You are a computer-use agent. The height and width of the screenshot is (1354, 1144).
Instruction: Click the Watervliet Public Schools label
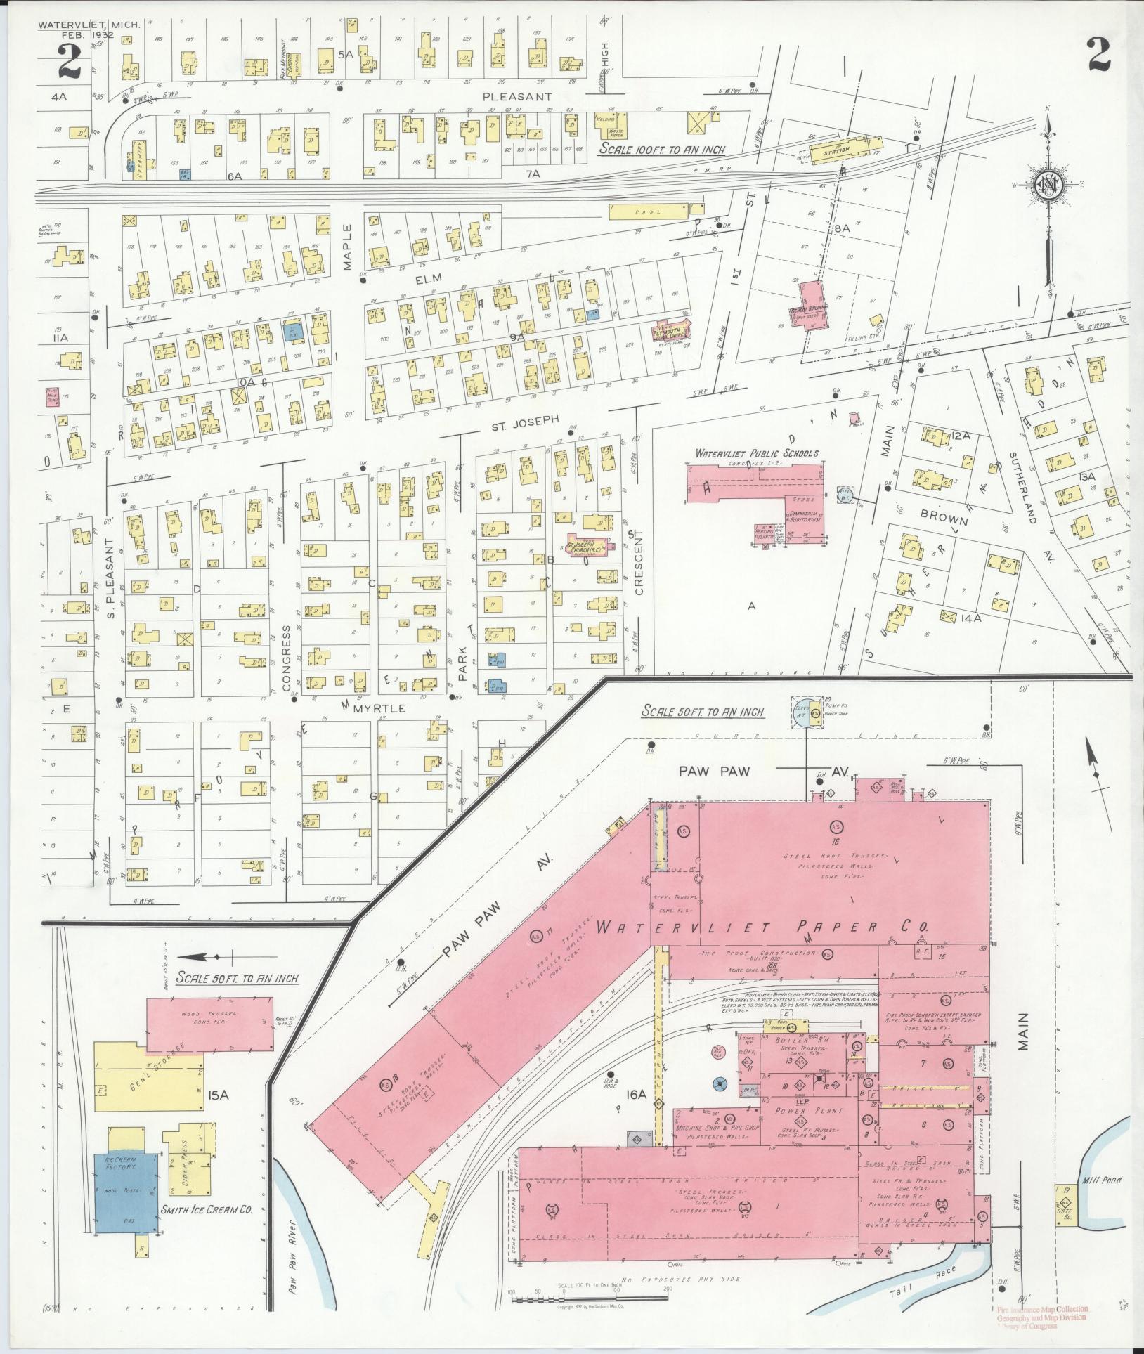coord(756,454)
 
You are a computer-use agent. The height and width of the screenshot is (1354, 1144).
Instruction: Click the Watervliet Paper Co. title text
coord(762,928)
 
